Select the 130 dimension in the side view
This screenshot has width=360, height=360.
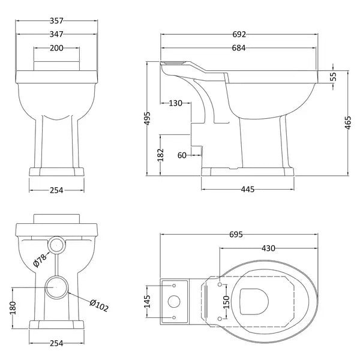pyautogui.click(x=176, y=103)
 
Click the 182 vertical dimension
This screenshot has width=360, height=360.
pyautogui.click(x=160, y=154)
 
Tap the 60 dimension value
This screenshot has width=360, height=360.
pyautogui.click(x=182, y=155)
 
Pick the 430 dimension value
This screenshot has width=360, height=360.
pyautogui.click(x=268, y=248)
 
